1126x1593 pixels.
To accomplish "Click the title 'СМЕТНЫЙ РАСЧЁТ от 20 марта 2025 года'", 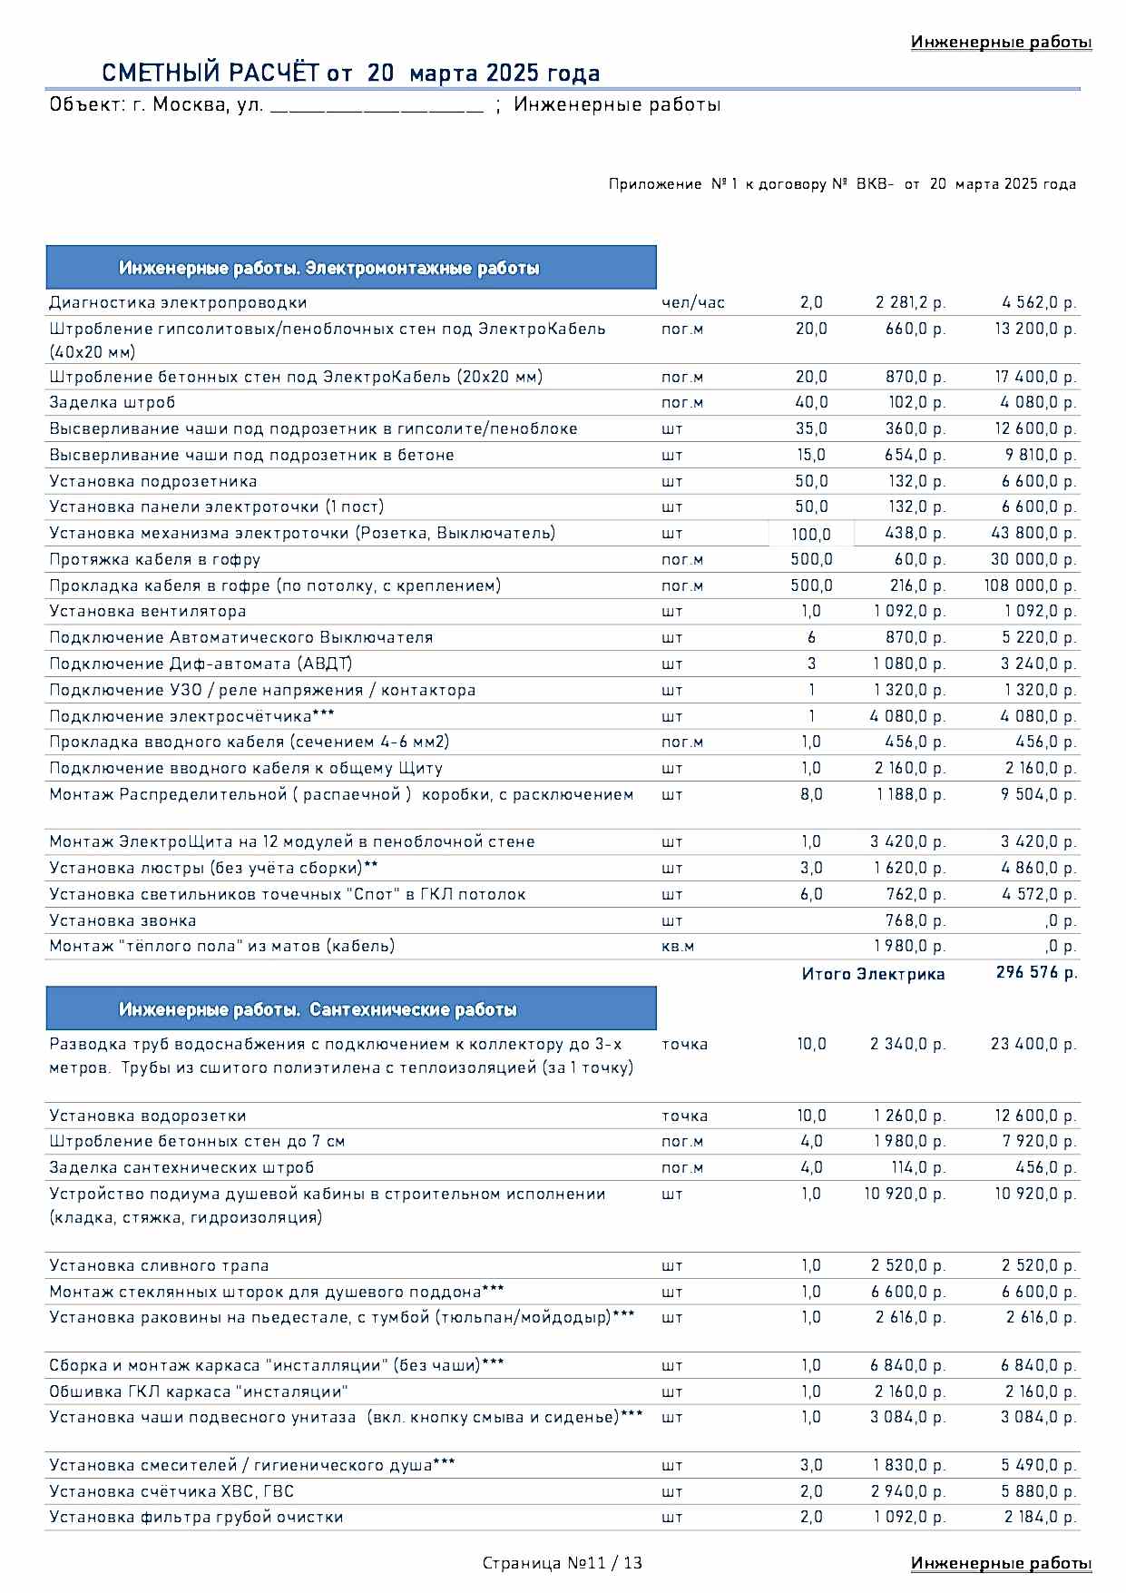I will point(350,73).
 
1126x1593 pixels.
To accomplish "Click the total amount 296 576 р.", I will point(1036,972).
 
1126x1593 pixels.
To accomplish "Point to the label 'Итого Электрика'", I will point(873,974).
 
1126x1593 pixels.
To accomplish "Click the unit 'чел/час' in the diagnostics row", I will point(693,302).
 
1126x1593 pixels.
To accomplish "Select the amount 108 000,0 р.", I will point(1030,585).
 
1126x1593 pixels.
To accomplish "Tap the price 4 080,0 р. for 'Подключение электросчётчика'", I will point(907,716).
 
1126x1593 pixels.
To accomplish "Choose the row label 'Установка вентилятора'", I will point(148,611).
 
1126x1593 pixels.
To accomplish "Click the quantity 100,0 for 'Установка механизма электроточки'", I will point(811,534).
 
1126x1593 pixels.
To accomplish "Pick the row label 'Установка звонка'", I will point(122,920).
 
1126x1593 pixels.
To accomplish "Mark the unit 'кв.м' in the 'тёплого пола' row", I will point(678,946).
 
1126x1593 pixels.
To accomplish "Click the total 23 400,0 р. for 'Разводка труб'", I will point(1033,1044).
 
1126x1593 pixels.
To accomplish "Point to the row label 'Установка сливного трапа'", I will point(159,1265).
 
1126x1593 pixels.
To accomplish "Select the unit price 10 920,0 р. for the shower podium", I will point(905,1194).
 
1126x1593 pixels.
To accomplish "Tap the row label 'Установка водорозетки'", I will point(148,1116).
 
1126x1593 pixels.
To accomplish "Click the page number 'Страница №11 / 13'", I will point(563,1562).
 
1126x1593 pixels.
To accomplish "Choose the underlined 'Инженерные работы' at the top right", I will point(1001,42).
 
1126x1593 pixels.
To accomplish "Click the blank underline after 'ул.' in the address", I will point(377,107).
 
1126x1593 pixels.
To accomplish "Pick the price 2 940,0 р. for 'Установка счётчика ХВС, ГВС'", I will point(907,1491).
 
